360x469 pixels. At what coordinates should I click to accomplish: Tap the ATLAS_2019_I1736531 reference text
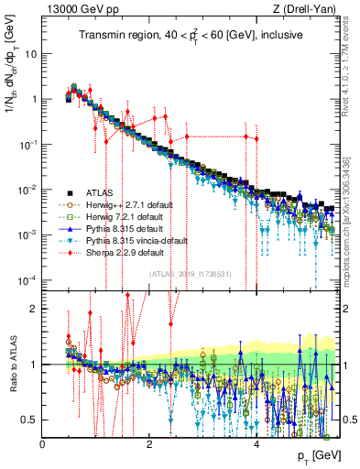pyautogui.click(x=191, y=274)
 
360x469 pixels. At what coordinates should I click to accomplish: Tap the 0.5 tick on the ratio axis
pyautogui.click(x=31, y=420)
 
